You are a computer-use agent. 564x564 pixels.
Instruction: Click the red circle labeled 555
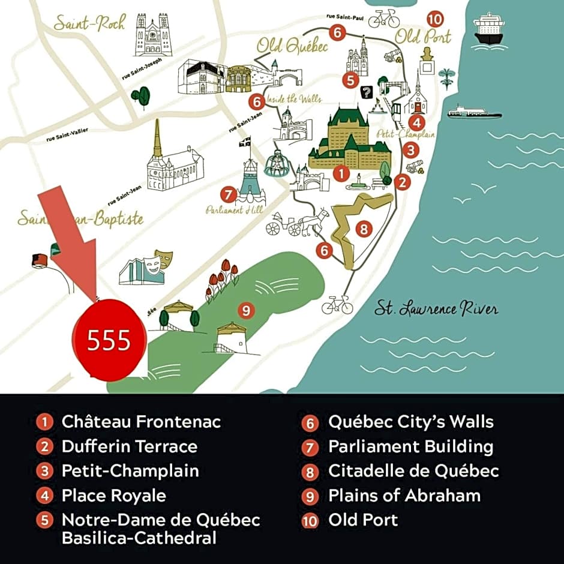tap(109, 340)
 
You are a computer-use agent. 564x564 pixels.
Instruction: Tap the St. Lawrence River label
tap(436, 309)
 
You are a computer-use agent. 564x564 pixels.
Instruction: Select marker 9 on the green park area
tap(245, 310)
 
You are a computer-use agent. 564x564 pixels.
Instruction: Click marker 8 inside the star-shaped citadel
tap(362, 229)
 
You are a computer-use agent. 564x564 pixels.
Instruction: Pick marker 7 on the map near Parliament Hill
tap(227, 194)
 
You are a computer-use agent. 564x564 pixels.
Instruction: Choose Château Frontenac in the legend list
tap(141, 421)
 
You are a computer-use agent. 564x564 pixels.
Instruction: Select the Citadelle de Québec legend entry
tap(413, 470)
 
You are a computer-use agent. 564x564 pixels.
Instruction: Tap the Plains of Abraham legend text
tap(404, 495)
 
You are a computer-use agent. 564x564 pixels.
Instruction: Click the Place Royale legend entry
tap(113, 495)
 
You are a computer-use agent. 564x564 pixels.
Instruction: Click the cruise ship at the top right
tap(488, 28)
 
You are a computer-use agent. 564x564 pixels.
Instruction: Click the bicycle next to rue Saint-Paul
tap(384, 19)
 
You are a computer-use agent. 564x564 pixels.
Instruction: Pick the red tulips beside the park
tap(223, 277)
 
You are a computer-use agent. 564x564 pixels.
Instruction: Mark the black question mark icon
tap(366, 92)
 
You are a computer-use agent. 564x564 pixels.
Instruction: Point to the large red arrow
tap(71, 236)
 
